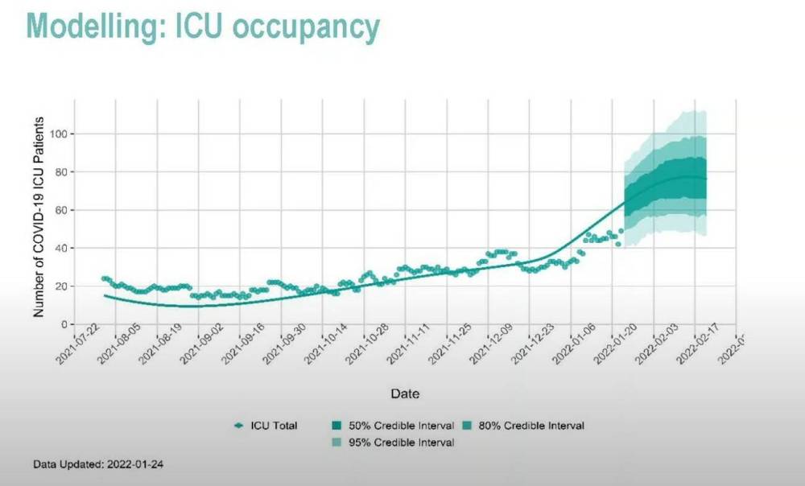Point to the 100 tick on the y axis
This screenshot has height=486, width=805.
coord(56,134)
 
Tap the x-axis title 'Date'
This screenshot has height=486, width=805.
coord(404,394)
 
